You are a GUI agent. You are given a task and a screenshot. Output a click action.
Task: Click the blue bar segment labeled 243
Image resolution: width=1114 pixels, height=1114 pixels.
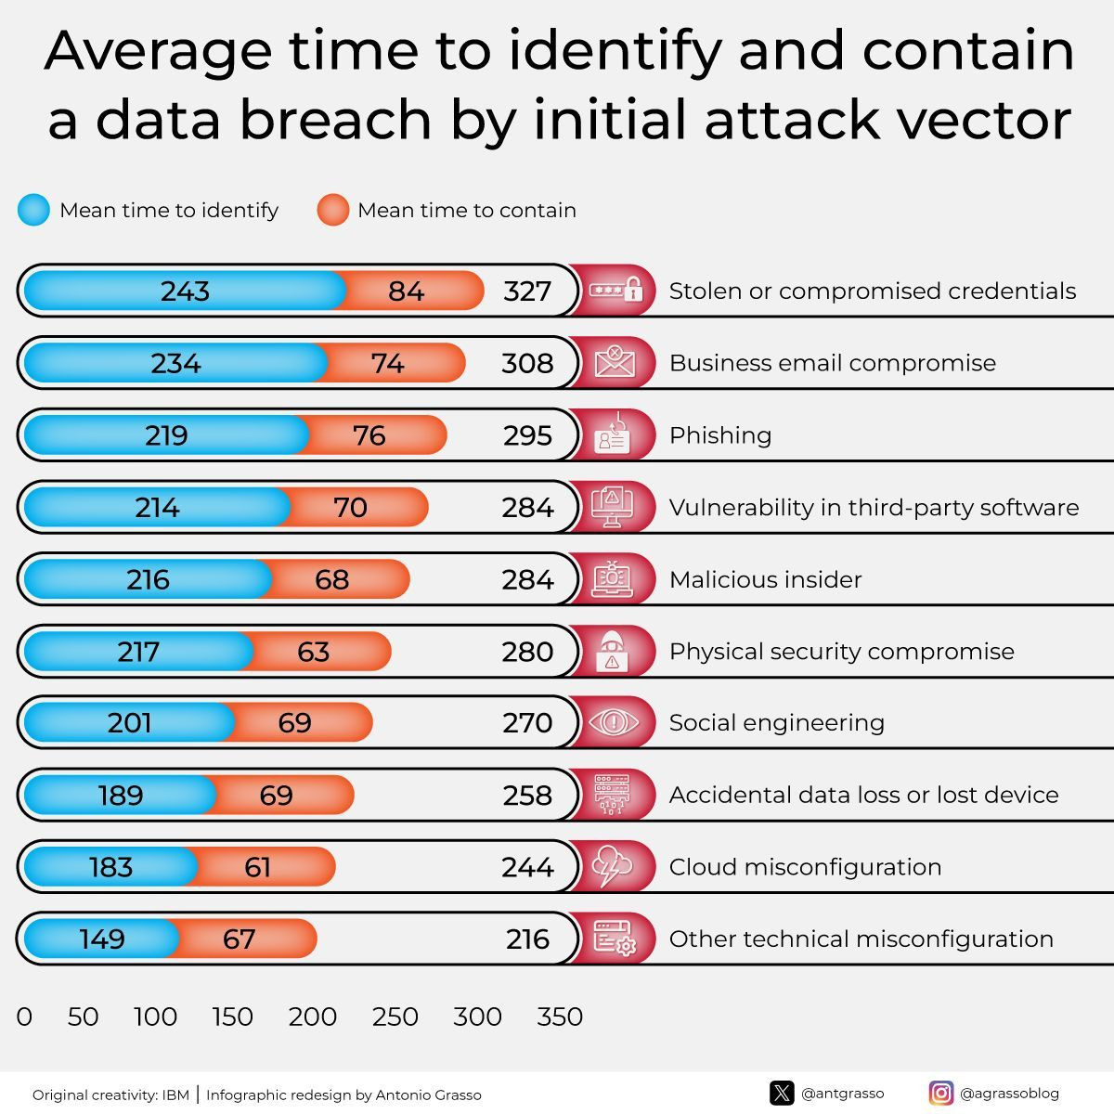[x=185, y=291]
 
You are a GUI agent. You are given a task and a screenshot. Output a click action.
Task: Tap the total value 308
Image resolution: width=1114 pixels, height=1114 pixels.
[x=527, y=363]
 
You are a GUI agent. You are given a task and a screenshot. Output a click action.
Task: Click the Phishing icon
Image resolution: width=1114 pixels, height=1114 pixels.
[x=612, y=434]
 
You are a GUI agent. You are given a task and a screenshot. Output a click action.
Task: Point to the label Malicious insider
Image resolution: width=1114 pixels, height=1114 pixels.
[x=765, y=580]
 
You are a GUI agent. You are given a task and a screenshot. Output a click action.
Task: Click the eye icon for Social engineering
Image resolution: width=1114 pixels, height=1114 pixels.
[x=613, y=722]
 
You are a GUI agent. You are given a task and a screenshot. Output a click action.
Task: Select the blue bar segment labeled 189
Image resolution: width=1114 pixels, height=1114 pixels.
[x=120, y=796]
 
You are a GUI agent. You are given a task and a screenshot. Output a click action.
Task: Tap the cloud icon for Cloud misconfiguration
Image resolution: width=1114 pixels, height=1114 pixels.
[x=613, y=867]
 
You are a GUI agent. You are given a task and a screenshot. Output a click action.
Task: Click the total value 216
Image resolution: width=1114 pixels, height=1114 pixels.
[x=527, y=939]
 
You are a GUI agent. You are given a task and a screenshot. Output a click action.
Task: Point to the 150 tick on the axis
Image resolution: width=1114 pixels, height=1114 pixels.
[x=232, y=1017]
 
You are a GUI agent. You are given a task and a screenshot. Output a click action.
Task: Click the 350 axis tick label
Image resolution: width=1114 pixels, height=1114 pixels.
[x=560, y=1017]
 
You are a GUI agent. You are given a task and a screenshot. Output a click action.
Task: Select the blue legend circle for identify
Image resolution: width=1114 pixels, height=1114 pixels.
[x=33, y=211]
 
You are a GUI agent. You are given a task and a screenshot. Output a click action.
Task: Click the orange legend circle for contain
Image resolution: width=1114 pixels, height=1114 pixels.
[x=332, y=211]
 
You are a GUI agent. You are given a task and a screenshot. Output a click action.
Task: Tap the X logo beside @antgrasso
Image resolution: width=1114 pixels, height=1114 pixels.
[x=782, y=1094]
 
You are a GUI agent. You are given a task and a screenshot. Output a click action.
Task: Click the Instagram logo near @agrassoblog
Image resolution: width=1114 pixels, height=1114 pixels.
[x=940, y=1094]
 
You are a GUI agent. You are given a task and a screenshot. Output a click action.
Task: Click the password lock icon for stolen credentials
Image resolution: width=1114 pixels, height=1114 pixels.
[x=615, y=291]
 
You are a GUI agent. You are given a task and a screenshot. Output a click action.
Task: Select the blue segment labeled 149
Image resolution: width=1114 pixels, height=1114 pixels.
[x=102, y=939]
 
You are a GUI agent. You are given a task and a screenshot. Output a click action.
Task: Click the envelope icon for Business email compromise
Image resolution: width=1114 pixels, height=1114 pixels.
[x=613, y=362]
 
